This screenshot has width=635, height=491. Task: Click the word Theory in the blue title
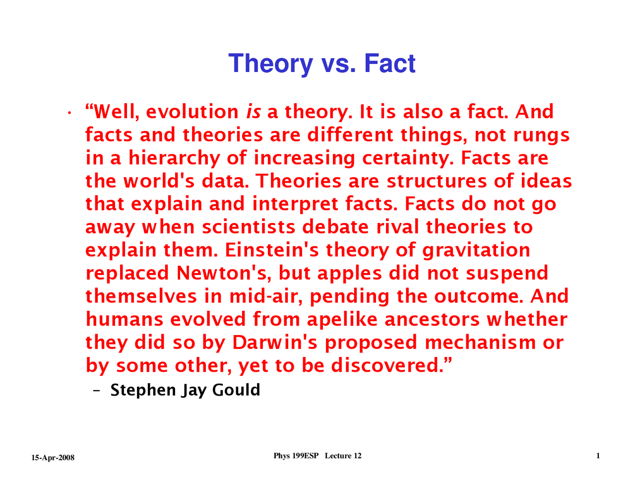(270, 64)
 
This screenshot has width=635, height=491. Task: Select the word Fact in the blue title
(390, 64)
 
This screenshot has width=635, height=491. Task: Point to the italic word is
(253, 112)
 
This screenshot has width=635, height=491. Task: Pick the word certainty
(408, 158)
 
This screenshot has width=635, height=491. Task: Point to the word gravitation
(476, 250)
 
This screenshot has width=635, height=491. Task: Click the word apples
(349, 273)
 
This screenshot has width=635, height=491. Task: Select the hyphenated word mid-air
(266, 296)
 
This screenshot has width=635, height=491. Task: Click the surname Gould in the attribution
(236, 390)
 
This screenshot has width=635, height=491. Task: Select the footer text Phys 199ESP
(296, 456)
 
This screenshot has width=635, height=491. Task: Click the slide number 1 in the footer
(598, 456)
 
